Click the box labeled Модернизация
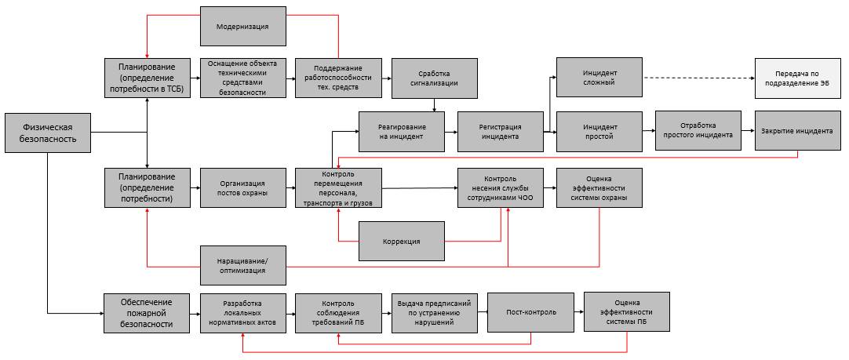click(x=242, y=26)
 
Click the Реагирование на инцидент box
click(x=401, y=131)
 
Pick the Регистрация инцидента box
click(x=500, y=131)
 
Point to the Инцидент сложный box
click(x=599, y=77)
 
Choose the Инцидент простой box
click(x=599, y=131)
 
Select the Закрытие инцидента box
click(x=797, y=131)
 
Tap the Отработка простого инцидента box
click(x=698, y=131)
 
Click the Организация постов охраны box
click(x=242, y=187)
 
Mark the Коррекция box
click(x=401, y=241)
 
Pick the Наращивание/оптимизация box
click(x=242, y=264)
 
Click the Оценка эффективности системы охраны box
click(x=599, y=187)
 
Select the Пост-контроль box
click(x=530, y=311)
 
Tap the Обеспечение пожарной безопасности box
click(x=148, y=313)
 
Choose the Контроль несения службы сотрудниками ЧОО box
click(x=500, y=187)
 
